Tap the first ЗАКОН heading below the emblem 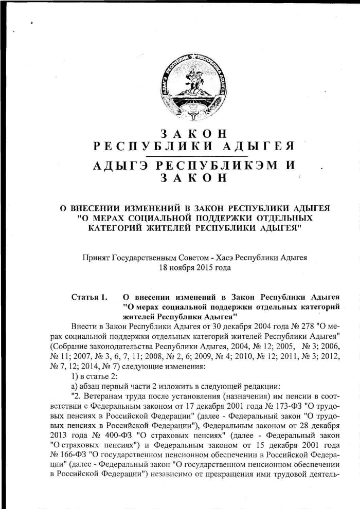click(x=194, y=133)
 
